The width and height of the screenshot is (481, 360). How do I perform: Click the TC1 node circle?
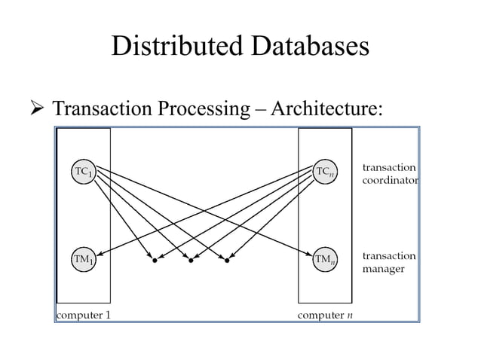83,171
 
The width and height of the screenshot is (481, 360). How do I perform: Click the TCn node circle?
325,171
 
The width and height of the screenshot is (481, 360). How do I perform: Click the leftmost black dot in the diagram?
155,261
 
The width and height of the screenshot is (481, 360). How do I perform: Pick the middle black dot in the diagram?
191,261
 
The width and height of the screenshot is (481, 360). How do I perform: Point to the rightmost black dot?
226,261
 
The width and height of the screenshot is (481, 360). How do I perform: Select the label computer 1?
84,314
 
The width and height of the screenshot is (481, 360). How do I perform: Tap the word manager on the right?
384,269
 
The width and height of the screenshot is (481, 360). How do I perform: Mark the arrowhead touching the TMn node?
309,254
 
